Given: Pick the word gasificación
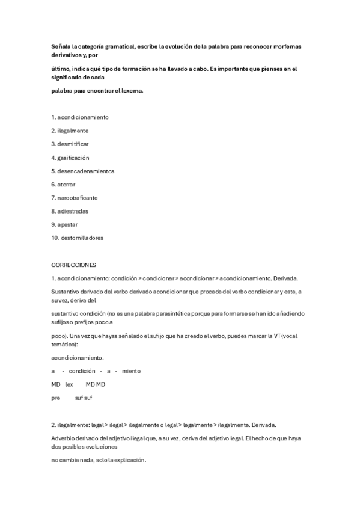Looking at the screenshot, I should coord(73,158).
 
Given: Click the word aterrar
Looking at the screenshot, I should coord(67,184).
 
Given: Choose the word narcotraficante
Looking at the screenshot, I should coord(78,197).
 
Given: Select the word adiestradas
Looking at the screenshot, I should coord(73,211).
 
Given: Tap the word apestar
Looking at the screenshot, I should coord(68,224).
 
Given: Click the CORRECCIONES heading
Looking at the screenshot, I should coord(73,265).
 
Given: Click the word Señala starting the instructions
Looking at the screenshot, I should coord(61,46).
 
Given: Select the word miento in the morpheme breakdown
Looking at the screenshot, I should coord(131,371).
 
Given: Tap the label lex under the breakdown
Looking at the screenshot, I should coord(69,384).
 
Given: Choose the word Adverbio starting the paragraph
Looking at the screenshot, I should coord(64,438).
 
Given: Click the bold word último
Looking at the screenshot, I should coord(60,69).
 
